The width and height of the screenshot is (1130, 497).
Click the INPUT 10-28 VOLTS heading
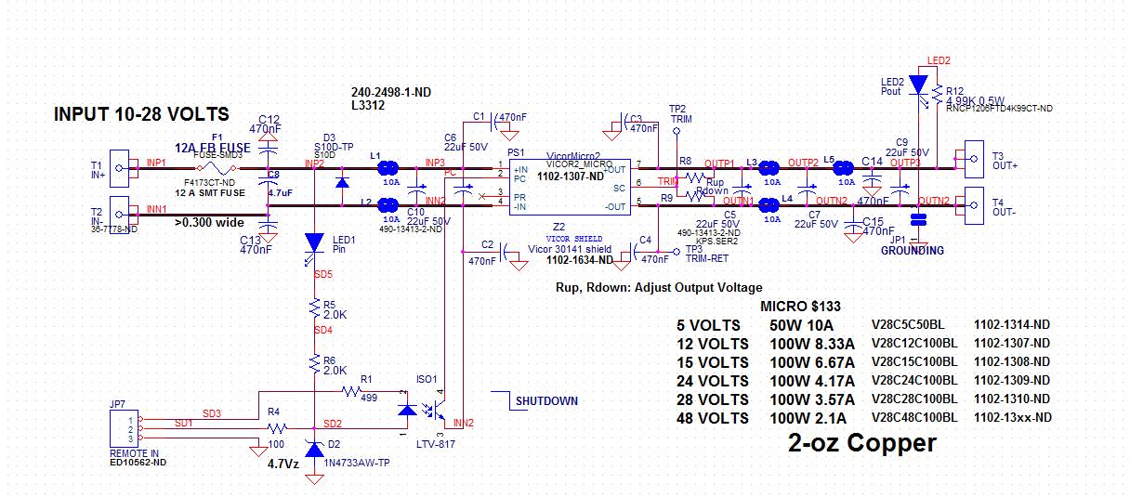[x=141, y=114]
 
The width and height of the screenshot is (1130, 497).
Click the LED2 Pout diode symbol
[x=918, y=85]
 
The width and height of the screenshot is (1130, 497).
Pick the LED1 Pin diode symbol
[x=314, y=242]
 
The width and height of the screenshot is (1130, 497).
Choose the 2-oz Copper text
[x=861, y=443]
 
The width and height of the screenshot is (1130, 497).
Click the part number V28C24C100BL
[x=913, y=381]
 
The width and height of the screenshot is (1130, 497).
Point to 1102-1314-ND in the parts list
[x=1012, y=325]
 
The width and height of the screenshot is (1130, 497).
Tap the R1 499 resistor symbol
[x=352, y=393]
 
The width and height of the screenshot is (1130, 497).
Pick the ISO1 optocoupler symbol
[x=423, y=410]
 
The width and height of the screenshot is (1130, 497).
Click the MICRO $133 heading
[x=801, y=307]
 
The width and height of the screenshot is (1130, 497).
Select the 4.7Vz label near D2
[x=282, y=464]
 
